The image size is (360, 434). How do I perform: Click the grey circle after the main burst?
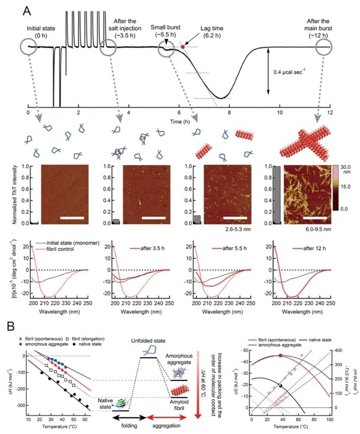(329, 48)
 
